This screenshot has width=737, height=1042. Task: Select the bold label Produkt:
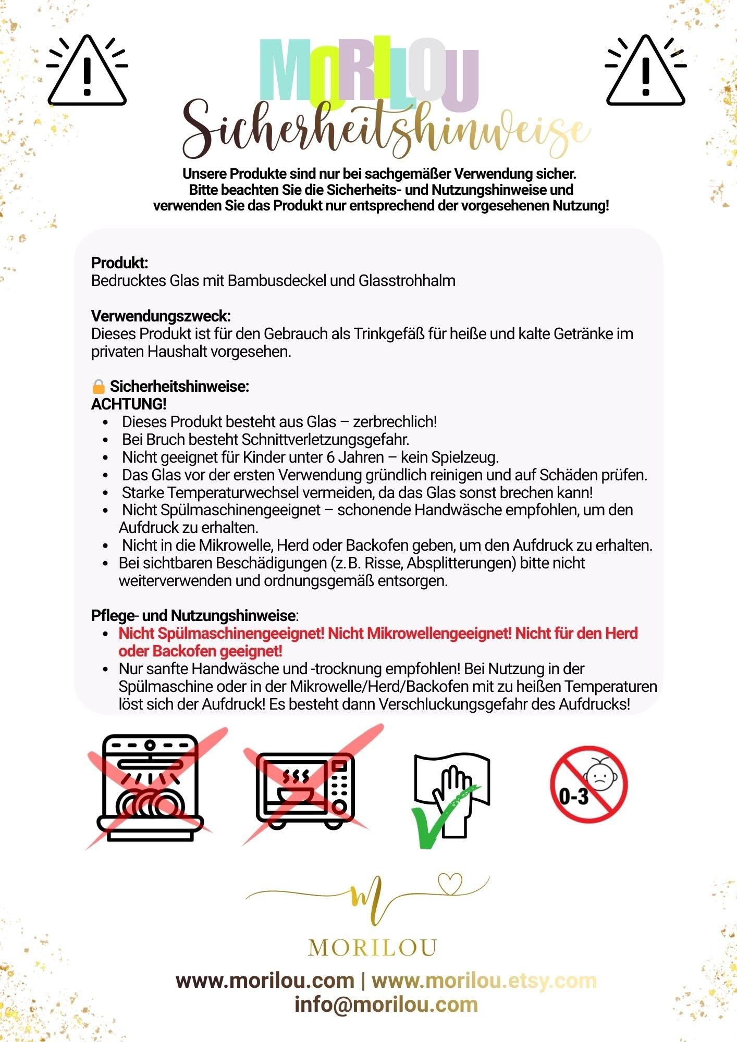tap(119, 263)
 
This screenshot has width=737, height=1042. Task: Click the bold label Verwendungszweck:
tap(161, 316)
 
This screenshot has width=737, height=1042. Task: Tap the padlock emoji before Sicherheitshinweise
tap(98, 387)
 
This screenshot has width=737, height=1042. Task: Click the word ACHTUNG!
tap(129, 404)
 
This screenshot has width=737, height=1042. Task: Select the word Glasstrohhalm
tap(407, 281)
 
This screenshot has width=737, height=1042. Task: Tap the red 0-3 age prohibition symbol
tap(588, 785)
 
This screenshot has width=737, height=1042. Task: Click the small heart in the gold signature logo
tap(449, 883)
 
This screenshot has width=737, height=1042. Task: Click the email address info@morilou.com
tap(386, 1004)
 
